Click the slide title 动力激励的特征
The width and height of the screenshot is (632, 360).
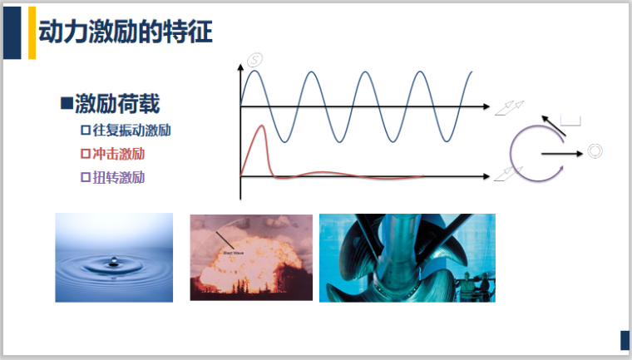[126, 32]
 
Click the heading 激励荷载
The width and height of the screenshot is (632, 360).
[116, 104]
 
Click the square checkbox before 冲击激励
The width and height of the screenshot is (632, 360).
[85, 154]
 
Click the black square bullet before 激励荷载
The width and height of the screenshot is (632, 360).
[67, 103]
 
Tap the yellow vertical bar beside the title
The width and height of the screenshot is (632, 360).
[32, 32]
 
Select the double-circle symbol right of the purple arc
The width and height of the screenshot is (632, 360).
[594, 151]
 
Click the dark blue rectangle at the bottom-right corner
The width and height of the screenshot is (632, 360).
[624, 340]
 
